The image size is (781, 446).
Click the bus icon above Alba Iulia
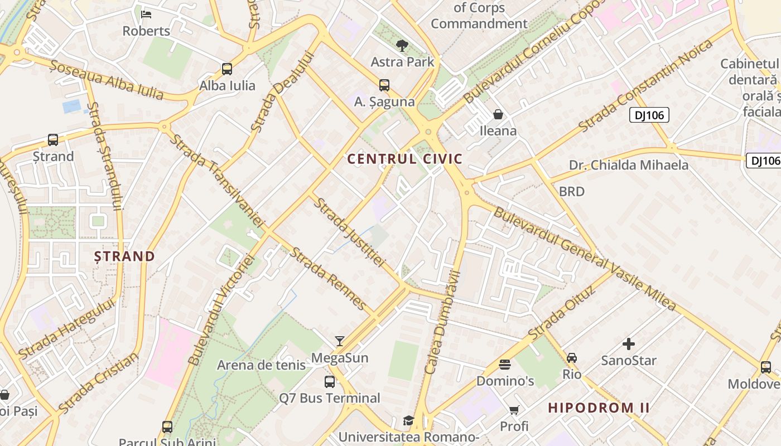click(x=227, y=69)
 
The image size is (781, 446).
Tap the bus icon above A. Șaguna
click(x=384, y=85)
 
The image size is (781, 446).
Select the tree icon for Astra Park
click(x=401, y=46)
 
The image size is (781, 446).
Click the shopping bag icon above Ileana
click(x=498, y=115)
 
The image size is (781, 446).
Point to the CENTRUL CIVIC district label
click(x=405, y=159)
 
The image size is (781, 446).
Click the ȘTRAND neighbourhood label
click(x=124, y=256)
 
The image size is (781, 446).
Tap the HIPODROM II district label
click(x=599, y=408)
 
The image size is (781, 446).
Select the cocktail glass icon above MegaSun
click(x=340, y=341)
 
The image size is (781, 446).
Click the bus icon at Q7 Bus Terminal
click(x=330, y=382)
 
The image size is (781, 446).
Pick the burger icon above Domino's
click(x=505, y=365)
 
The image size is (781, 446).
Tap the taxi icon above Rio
click(x=572, y=357)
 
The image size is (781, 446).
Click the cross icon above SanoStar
click(x=629, y=344)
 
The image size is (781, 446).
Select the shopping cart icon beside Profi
click(x=514, y=410)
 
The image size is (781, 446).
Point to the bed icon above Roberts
click(x=146, y=14)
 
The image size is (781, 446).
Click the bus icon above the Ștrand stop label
click(x=53, y=140)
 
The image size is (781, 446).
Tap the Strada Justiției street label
click(x=349, y=232)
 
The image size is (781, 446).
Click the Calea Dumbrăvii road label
click(x=442, y=322)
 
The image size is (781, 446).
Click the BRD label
click(x=572, y=191)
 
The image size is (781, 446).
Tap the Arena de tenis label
click(x=261, y=365)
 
